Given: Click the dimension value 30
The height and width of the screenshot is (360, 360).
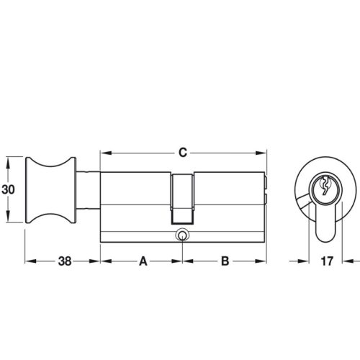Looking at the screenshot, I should tap(9, 189).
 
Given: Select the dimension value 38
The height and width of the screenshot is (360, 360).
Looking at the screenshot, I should tap(63, 262).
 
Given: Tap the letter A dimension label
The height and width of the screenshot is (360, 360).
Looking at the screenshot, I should tap(143, 262).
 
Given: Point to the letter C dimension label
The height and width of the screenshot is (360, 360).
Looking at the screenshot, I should tap(183, 153).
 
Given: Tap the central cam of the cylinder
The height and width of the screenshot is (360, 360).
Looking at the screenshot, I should tap(183, 197).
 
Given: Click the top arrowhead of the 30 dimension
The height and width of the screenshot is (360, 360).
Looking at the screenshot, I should tap(9, 159).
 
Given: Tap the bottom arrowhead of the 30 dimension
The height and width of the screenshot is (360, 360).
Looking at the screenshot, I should tap(9, 220).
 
